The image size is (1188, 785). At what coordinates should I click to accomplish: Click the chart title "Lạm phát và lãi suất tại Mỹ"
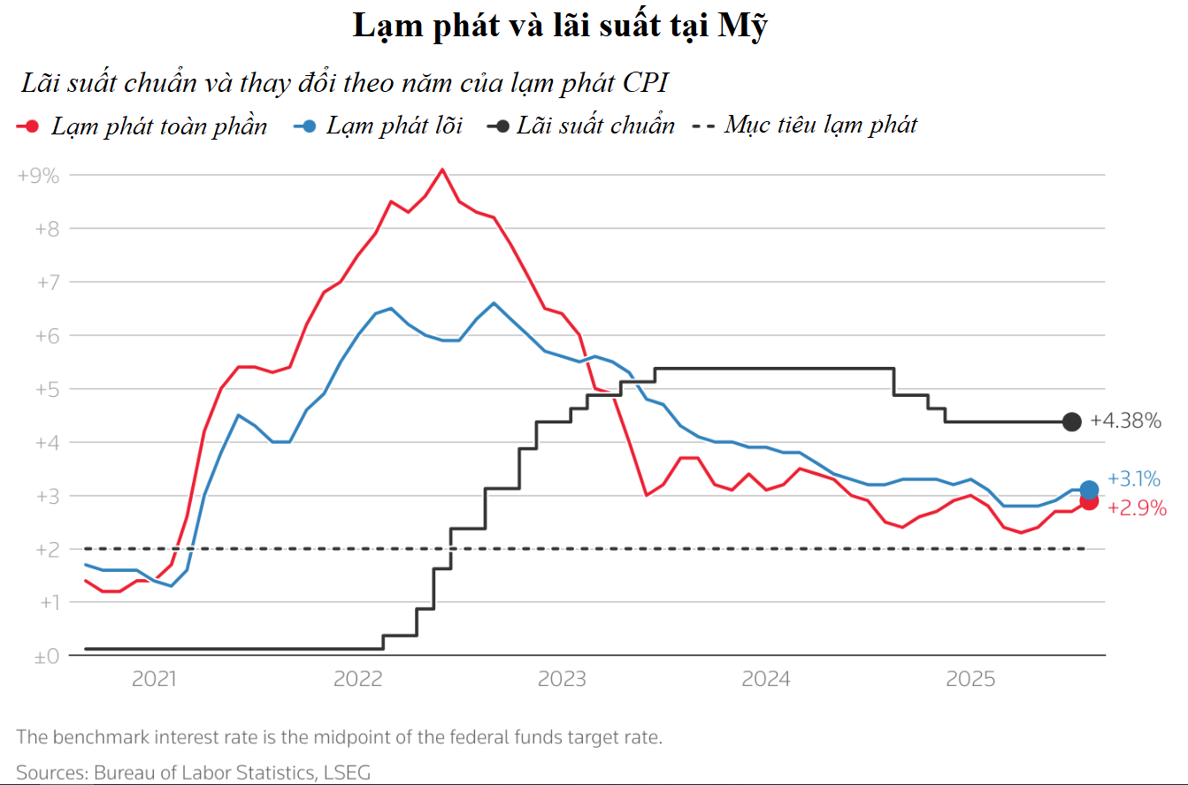[x=559, y=27]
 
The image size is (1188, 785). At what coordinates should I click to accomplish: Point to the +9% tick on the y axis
[x=38, y=175]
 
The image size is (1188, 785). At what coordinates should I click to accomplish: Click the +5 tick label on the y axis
[x=43, y=389]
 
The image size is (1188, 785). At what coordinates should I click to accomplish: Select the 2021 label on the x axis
[x=154, y=680]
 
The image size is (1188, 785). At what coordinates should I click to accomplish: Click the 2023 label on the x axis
[x=563, y=680]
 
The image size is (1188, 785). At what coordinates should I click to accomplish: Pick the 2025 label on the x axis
[x=970, y=680]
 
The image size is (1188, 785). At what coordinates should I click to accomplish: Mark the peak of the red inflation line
[x=442, y=169]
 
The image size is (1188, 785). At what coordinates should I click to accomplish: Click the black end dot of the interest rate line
[x=1071, y=422]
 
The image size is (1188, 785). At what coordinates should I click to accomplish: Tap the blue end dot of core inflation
[x=1089, y=490]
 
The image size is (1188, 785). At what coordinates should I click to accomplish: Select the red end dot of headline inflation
[x=1089, y=501]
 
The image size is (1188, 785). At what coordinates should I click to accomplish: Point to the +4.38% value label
[x=1125, y=422]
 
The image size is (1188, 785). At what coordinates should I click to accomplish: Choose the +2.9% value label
[x=1137, y=509]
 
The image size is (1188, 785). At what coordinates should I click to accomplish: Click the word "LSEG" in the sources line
[x=347, y=772]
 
